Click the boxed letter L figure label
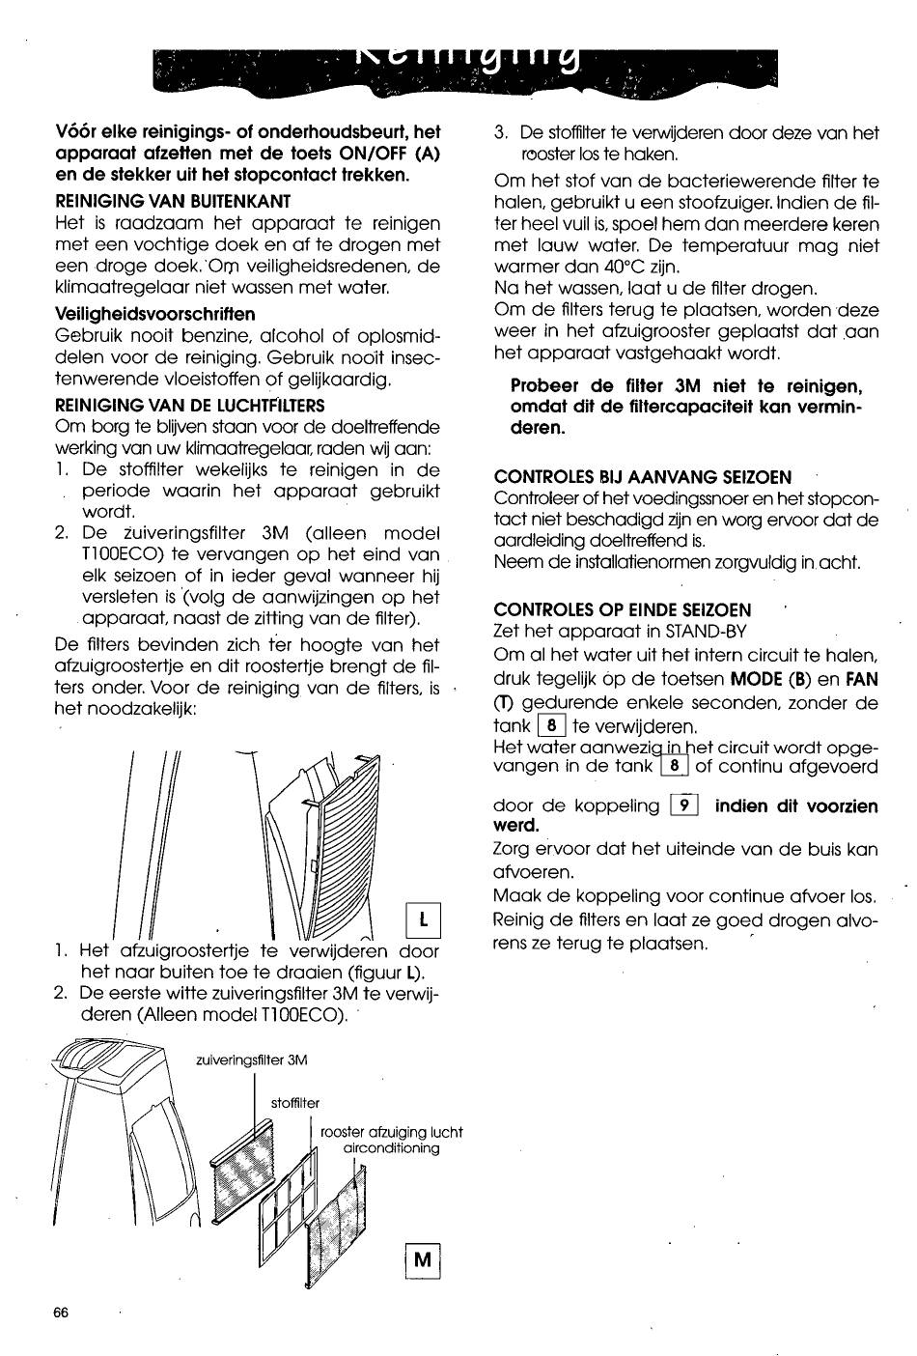click(426, 919)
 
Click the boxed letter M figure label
click(424, 1260)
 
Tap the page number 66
click(62, 1314)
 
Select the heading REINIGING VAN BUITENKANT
click(173, 201)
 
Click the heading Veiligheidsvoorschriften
click(155, 314)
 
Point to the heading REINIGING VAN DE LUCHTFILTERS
click(190, 405)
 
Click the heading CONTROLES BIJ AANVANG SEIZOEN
click(643, 476)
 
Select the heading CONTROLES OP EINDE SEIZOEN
click(623, 609)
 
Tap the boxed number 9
click(684, 805)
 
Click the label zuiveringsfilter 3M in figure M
click(251, 1059)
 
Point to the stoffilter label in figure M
click(294, 1102)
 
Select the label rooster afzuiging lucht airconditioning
click(391, 1140)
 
